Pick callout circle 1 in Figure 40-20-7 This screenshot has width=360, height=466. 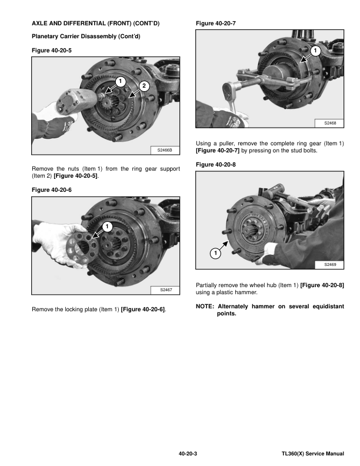(x=315, y=51)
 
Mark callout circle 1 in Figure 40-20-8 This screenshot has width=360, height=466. (x=215, y=254)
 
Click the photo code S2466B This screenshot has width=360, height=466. (x=165, y=151)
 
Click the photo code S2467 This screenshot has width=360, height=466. (x=165, y=290)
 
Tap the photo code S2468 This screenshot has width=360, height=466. (x=330, y=123)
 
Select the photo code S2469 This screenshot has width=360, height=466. (x=330, y=265)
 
